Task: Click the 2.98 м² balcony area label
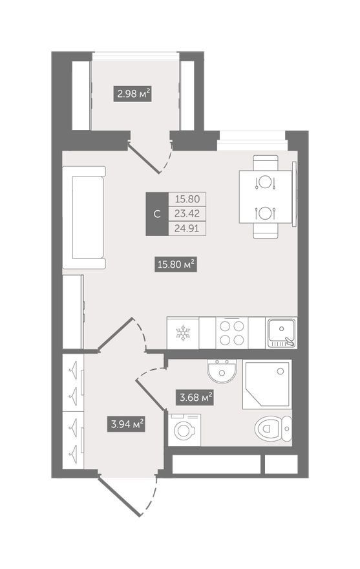(x=132, y=94)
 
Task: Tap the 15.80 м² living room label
(x=176, y=264)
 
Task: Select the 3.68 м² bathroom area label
(x=196, y=397)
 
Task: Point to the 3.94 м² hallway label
(x=126, y=424)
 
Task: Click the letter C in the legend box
(x=157, y=214)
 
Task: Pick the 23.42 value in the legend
(x=187, y=213)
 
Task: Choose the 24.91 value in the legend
(x=187, y=228)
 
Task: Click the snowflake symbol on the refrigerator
(x=183, y=334)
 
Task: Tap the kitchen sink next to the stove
(x=281, y=333)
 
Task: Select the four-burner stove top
(x=232, y=333)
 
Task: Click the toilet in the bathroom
(x=273, y=428)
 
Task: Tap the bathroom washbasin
(x=222, y=371)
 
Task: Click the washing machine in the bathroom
(x=184, y=429)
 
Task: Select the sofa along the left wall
(x=84, y=217)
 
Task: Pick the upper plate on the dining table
(x=265, y=182)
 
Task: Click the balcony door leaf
(x=144, y=158)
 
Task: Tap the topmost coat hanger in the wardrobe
(x=73, y=369)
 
